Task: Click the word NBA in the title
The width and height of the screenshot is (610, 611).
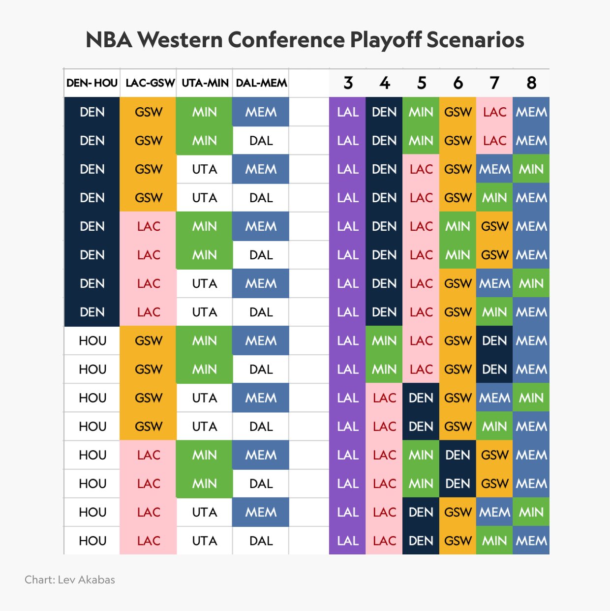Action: (x=109, y=40)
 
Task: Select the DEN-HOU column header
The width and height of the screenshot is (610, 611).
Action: (x=92, y=83)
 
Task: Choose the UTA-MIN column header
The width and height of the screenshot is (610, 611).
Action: (x=205, y=83)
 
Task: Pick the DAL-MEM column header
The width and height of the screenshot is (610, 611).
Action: (x=261, y=83)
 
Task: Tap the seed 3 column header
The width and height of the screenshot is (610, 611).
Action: (x=348, y=83)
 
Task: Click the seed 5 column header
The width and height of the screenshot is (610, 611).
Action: (x=422, y=83)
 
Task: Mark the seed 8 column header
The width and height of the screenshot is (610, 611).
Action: (x=531, y=83)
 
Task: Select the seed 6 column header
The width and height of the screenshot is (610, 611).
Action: (x=458, y=83)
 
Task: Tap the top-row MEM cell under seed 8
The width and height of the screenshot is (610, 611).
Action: (x=531, y=112)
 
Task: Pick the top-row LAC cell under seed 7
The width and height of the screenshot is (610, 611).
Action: (x=494, y=112)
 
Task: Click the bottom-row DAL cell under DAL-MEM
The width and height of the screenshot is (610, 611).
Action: (x=261, y=541)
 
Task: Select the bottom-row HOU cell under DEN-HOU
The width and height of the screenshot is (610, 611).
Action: (x=92, y=541)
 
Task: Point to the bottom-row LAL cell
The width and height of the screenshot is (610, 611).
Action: (x=348, y=541)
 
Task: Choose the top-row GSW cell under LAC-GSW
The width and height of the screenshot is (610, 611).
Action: (x=149, y=112)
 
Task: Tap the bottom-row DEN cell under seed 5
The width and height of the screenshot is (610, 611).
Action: (x=421, y=541)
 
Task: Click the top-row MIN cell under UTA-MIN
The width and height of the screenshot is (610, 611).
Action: (x=205, y=112)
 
